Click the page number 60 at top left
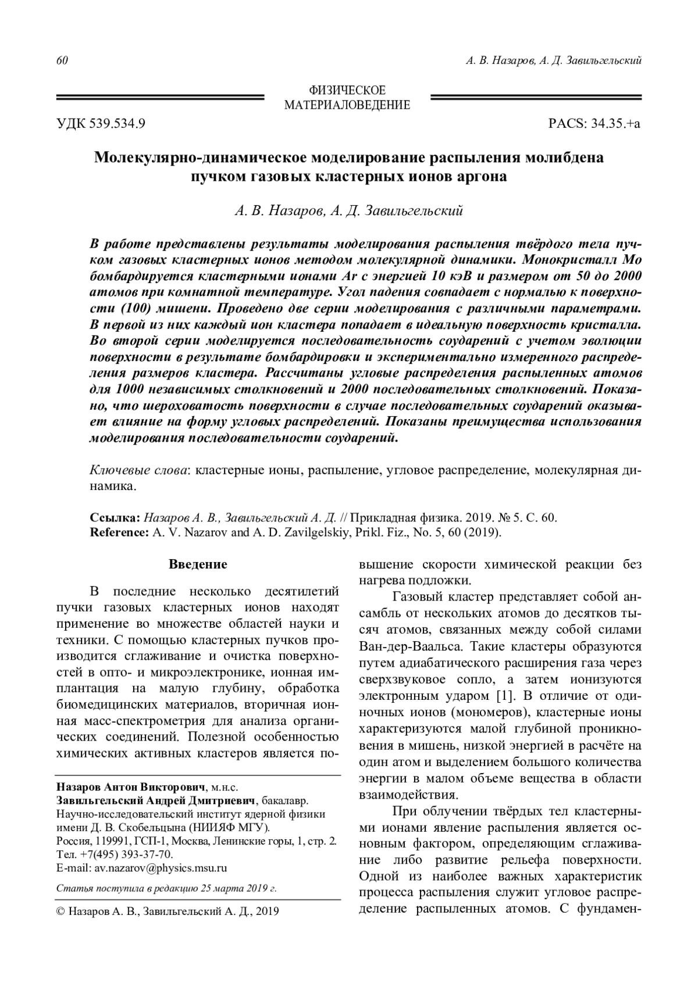[62, 61]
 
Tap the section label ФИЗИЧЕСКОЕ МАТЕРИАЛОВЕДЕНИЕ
[347, 98]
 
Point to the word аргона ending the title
[481, 176]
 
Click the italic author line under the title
[348, 211]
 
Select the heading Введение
[198, 564]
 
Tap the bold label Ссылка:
[115, 517]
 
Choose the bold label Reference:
[120, 531]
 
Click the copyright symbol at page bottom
[60, 911]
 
